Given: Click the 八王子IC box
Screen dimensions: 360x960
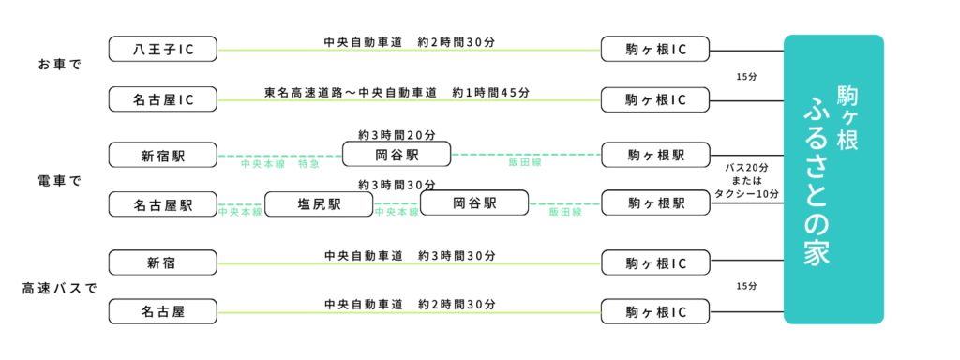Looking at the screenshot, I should coord(163,49).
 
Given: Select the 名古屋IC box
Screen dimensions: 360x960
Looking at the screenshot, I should coord(163,99).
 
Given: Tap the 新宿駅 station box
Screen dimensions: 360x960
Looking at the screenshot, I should coord(163,154).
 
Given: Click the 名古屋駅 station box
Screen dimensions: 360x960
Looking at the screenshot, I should coord(163,204).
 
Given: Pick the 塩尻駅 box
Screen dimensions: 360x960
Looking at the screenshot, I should coord(319,204).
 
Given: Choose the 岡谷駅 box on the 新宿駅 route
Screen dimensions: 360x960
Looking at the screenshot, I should coord(397,154).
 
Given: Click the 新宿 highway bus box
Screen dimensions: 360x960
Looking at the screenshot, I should coord(163,262).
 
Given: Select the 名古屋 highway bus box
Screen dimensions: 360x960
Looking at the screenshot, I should coord(163,311).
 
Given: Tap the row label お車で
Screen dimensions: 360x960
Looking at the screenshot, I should coord(60,66).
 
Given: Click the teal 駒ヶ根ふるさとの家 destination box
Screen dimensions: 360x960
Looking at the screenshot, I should coord(833,179).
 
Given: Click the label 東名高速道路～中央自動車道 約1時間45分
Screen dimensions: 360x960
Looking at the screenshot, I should coord(397,93).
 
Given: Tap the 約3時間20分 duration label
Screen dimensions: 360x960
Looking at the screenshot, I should coord(396,135).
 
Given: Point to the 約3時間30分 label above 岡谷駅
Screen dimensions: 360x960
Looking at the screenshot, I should coord(397,185).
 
